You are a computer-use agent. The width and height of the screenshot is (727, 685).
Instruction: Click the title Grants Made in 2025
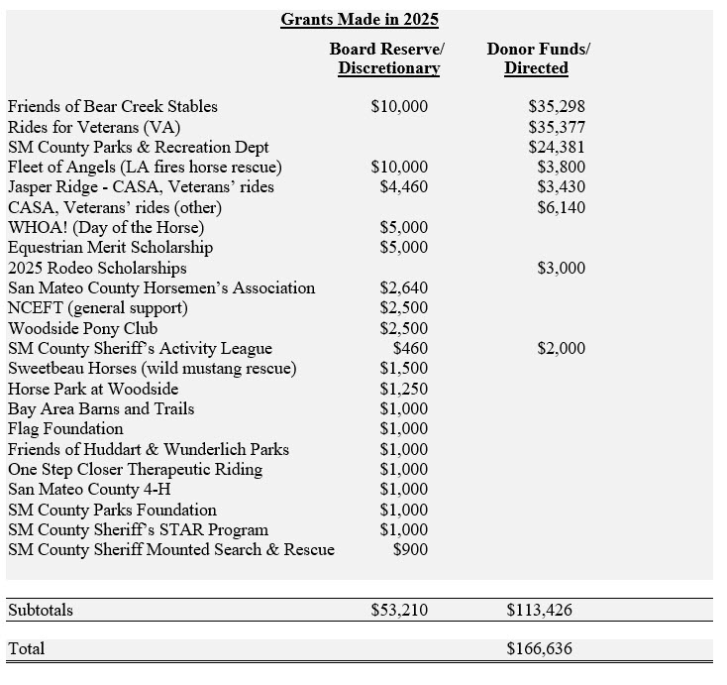[360, 19]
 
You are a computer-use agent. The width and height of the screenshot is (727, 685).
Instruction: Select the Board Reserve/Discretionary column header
[388, 58]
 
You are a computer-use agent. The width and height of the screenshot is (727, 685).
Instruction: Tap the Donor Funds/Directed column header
[537, 58]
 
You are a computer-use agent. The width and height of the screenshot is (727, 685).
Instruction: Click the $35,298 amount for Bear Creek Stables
[557, 107]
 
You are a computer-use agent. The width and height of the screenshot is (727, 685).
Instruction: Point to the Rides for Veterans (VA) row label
[94, 127]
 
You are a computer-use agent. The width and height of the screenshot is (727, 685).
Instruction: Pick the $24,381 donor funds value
[557, 148]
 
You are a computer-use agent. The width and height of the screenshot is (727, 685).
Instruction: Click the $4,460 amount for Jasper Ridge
[404, 187]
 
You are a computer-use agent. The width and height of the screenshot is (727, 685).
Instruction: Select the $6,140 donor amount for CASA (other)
[561, 207]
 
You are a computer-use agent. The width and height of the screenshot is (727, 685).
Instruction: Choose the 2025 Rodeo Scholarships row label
[97, 269]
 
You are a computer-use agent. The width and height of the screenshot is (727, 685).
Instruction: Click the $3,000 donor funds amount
[561, 269]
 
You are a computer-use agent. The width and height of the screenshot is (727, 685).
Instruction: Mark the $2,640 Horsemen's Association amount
[404, 288]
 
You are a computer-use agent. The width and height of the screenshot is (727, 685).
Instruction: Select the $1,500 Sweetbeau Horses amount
[404, 369]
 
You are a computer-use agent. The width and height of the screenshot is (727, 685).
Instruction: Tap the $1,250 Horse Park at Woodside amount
[404, 389]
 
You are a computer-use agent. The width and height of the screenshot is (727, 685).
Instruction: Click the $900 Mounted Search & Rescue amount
[410, 549]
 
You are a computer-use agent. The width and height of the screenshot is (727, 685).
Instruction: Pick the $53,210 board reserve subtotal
[399, 611]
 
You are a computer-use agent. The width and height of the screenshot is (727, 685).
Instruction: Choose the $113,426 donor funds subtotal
[539, 611]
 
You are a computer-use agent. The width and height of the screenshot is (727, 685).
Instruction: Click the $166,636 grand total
[539, 650]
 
